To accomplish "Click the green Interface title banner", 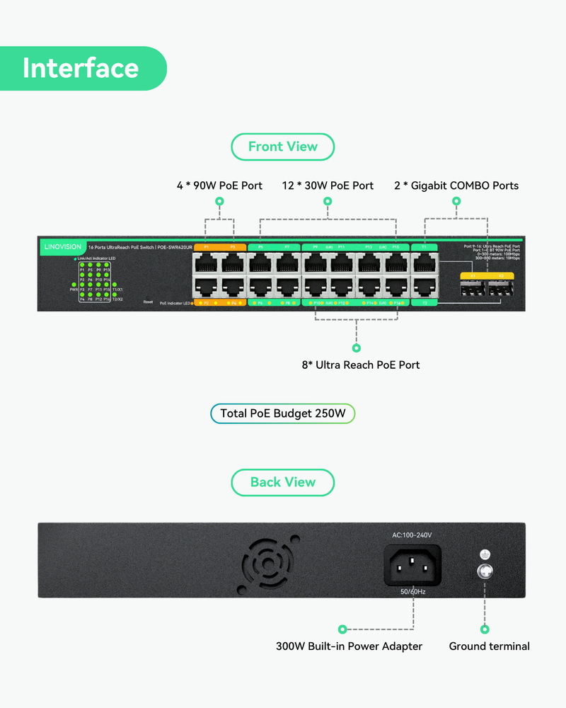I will coord(81,69).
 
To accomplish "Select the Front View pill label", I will coord(282,147).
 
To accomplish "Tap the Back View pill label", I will coord(282,482).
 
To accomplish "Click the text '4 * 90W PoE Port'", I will coord(219,185).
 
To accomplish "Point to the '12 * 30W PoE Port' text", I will coord(328,185).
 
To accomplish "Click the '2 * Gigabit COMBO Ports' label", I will coord(456,185).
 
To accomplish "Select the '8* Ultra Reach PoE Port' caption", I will coord(361,365).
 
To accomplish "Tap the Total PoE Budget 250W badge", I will coord(282,413).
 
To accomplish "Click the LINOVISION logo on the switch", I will coord(62,247).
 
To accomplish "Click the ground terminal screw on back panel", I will coord(485,572).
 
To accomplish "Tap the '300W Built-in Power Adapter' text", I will coord(349,646).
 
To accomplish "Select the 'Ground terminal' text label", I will coord(489,646).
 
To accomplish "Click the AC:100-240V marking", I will coord(412,535).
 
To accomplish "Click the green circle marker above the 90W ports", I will coord(219,202).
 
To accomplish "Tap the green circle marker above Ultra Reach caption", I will coord(357,348).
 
